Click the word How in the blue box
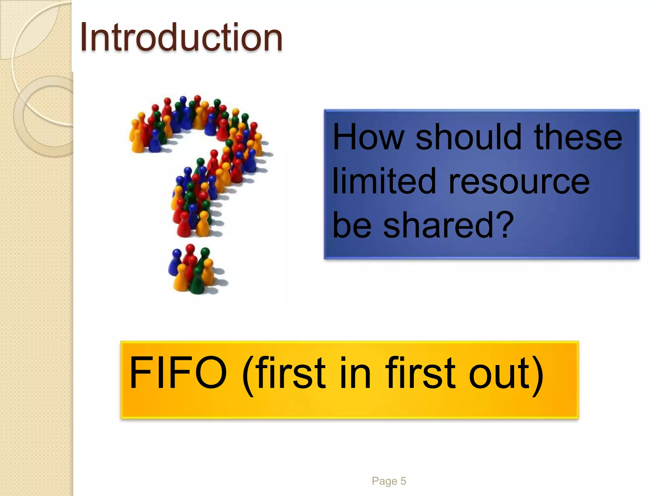[x=368, y=137]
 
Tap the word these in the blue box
[x=578, y=137]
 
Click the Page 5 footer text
[x=389, y=481]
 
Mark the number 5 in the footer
[x=403, y=481]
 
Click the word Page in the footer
[x=384, y=481]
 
